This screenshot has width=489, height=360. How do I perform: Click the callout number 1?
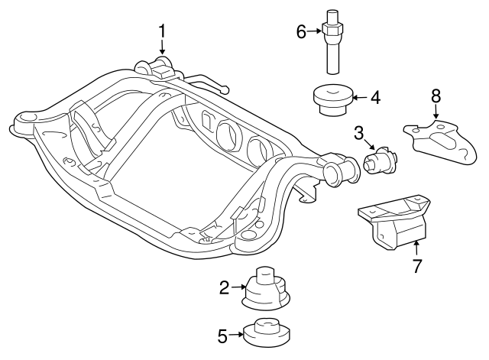[x=162, y=31]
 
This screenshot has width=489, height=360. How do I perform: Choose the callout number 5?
[x=222, y=334]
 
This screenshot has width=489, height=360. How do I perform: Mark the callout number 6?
[x=301, y=31]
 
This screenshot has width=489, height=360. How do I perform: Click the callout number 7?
[x=417, y=267]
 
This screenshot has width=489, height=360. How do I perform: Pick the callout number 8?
[x=436, y=96]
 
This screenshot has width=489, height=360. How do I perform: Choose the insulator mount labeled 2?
[x=265, y=288]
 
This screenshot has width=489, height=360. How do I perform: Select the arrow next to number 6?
[x=315, y=31]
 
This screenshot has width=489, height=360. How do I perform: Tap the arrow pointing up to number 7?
[x=417, y=248]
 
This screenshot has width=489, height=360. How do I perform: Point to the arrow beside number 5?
[x=236, y=334]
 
